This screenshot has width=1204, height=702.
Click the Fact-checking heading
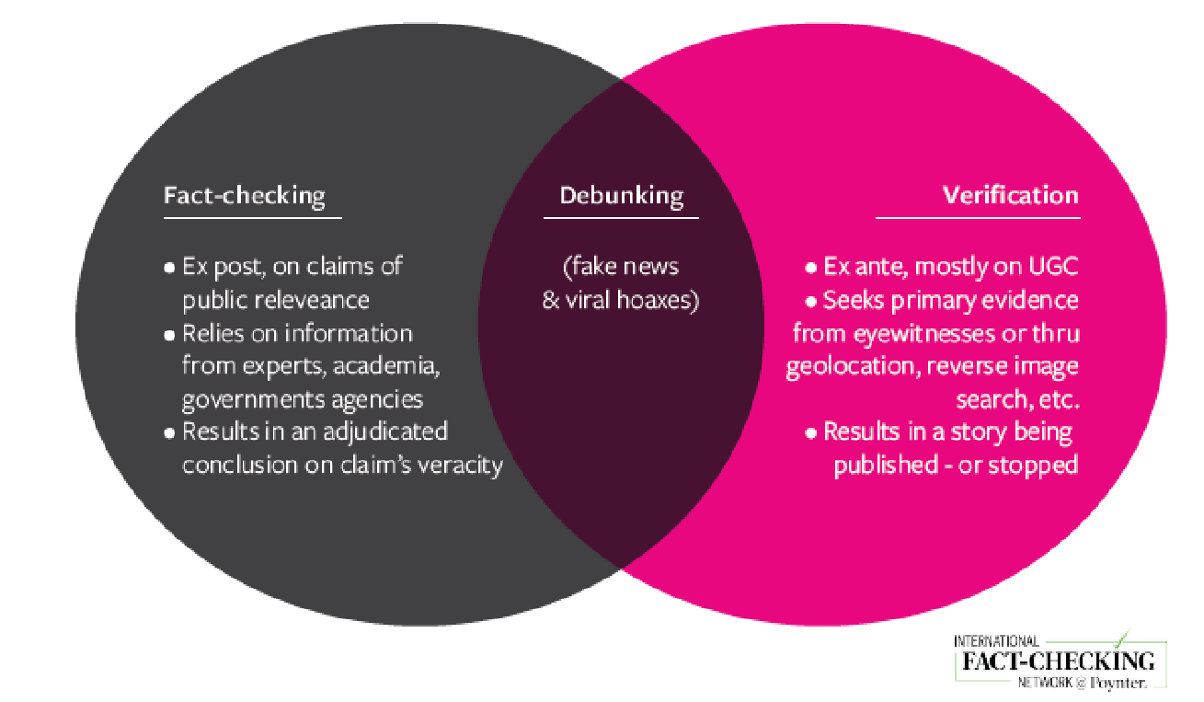pos(245,196)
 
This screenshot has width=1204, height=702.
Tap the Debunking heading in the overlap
pos(621,196)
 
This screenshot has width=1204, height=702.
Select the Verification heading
pos(1010,196)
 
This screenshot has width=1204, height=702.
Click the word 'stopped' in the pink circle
pos(1034,465)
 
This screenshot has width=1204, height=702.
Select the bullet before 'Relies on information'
pos(169,334)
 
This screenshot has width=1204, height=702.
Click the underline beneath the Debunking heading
pos(621,218)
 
